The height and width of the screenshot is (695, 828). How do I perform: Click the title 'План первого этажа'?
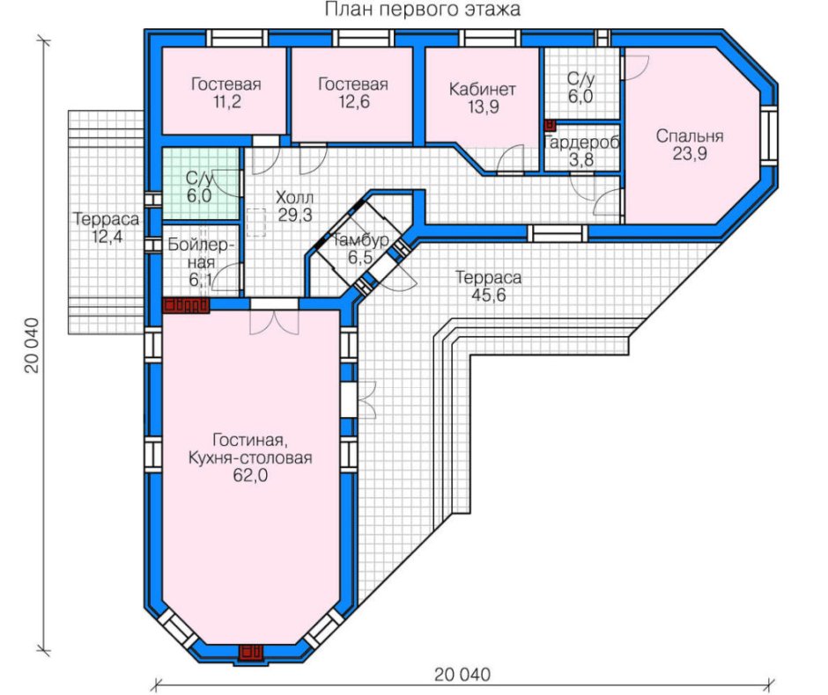[x=422, y=9]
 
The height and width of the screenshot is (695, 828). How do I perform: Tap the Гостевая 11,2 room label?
[x=226, y=92]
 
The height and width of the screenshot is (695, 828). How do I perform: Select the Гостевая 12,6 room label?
[x=352, y=92]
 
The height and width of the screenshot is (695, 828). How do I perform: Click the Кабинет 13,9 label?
[x=482, y=98]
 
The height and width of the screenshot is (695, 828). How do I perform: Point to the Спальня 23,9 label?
[x=690, y=144]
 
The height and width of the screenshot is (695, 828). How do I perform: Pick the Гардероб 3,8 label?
[x=580, y=150]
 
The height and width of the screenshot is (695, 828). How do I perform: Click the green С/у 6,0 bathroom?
[x=200, y=184]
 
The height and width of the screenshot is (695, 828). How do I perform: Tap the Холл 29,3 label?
[x=295, y=206]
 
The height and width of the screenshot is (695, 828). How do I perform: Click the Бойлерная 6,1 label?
[x=201, y=262]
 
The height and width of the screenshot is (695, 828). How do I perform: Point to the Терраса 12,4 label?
[x=106, y=227]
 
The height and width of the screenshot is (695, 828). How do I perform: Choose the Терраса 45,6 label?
[x=489, y=286]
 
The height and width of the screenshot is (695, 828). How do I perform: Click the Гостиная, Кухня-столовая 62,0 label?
[x=250, y=457]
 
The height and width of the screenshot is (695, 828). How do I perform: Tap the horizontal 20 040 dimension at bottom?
[x=462, y=675]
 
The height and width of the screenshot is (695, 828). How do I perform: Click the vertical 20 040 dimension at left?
[x=33, y=346]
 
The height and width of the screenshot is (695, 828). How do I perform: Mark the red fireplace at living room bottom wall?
[x=251, y=652]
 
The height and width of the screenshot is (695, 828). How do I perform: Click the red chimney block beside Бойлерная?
[x=186, y=306]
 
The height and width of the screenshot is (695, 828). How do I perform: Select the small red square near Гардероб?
[x=550, y=125]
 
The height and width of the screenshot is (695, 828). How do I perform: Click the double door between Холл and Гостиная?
[x=274, y=319]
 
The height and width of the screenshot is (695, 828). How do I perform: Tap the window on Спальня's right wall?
[x=769, y=135]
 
